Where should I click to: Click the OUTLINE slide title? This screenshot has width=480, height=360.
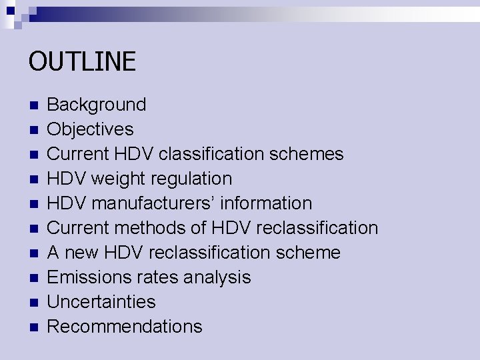point(82,62)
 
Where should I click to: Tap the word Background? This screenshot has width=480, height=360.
point(97,105)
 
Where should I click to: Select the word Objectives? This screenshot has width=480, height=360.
point(90,129)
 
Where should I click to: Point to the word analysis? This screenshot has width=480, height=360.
point(219,277)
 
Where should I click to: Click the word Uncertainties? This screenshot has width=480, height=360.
point(101,302)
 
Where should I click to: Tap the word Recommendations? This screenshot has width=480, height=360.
point(125,327)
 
